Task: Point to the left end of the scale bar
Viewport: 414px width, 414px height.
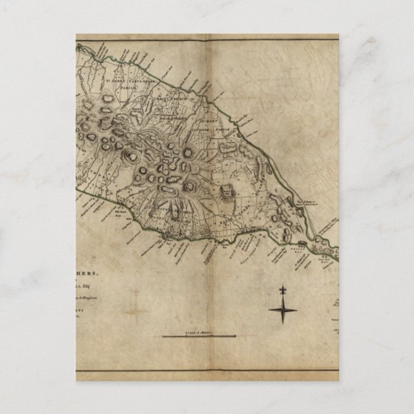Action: tap(162, 336)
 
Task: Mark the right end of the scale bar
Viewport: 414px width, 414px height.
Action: tap(235, 336)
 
